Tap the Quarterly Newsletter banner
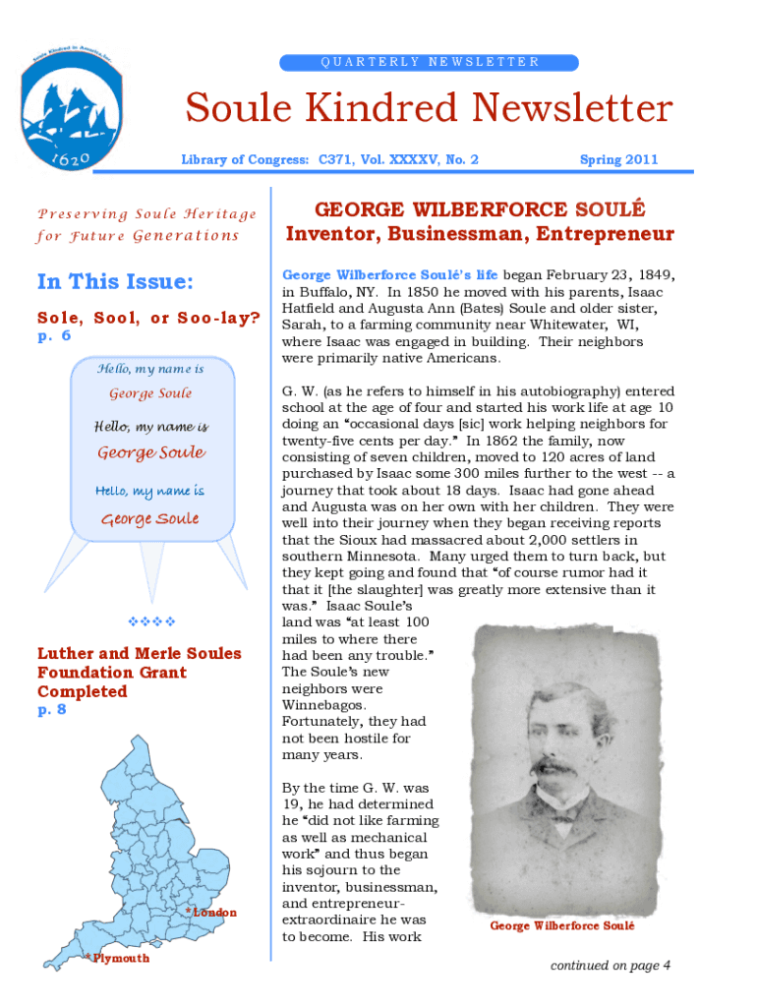(x=430, y=62)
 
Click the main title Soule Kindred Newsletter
(x=430, y=109)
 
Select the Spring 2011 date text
(x=618, y=159)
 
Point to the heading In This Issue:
(x=115, y=282)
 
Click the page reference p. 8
(x=51, y=709)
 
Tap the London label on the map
(x=214, y=913)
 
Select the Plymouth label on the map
(x=120, y=958)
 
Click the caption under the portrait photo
(x=562, y=926)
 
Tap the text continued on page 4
(x=611, y=966)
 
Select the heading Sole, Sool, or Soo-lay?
(x=148, y=318)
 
